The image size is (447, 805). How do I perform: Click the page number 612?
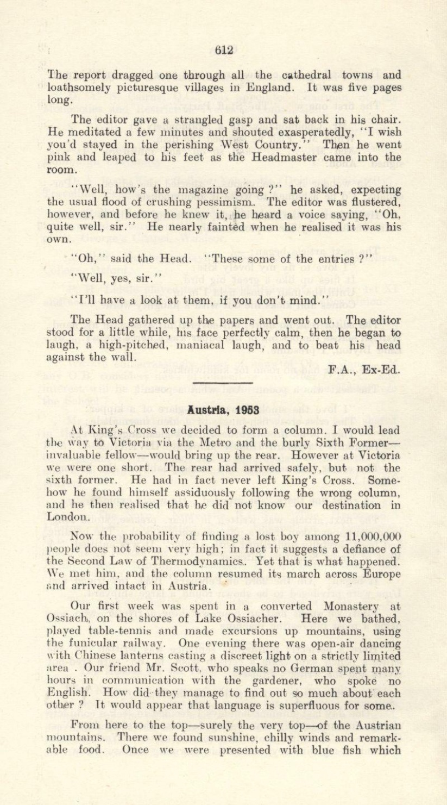pyautogui.click(x=223, y=49)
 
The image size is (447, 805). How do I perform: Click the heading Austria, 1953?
pyautogui.click(x=223, y=409)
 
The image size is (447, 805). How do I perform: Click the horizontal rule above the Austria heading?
pyautogui.click(x=223, y=386)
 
